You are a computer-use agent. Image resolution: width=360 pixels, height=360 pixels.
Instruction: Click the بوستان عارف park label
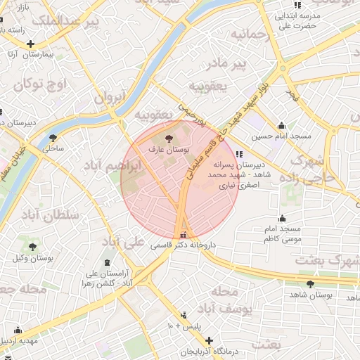167,149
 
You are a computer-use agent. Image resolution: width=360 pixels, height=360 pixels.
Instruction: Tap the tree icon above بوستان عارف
167,138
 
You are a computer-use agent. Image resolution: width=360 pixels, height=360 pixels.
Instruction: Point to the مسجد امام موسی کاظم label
281,234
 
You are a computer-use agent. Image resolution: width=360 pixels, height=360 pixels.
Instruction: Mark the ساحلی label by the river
53,148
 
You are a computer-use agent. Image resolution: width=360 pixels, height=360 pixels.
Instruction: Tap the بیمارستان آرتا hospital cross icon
30,44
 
